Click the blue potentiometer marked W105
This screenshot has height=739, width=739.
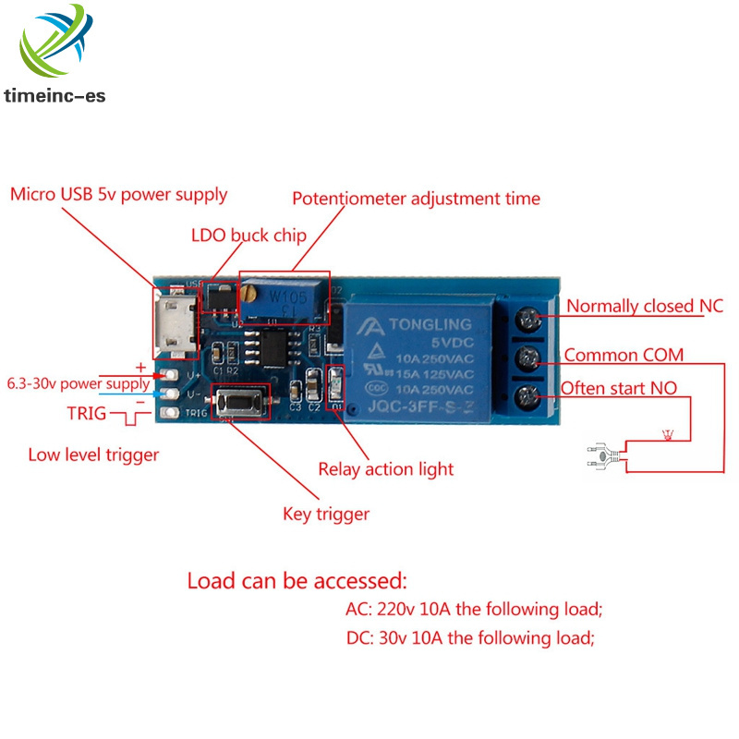click(284, 297)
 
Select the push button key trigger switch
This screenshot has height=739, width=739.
click(241, 403)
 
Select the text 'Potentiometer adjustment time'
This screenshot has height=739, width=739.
click(416, 199)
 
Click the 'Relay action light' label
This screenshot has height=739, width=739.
click(386, 469)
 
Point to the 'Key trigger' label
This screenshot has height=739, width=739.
click(325, 514)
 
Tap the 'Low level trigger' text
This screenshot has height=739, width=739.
click(92, 454)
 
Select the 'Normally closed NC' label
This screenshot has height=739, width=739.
click(644, 306)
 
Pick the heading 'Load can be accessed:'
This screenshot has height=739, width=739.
click(297, 582)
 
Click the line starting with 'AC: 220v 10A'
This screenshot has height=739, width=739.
click(473, 610)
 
